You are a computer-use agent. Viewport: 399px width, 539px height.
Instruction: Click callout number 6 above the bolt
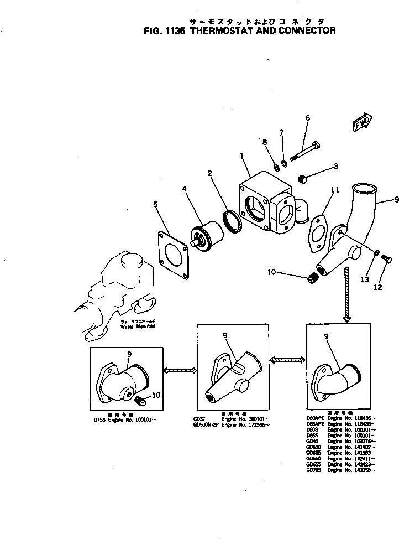tap(308, 117)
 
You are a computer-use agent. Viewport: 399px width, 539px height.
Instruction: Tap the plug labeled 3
tap(303, 179)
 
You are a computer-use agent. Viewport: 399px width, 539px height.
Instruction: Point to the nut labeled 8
tap(275, 167)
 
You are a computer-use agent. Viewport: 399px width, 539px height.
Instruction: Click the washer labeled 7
tap(284, 163)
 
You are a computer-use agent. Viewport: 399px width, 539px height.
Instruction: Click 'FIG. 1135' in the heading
tap(165, 31)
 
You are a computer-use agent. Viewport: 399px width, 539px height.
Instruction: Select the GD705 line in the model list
tap(340, 469)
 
